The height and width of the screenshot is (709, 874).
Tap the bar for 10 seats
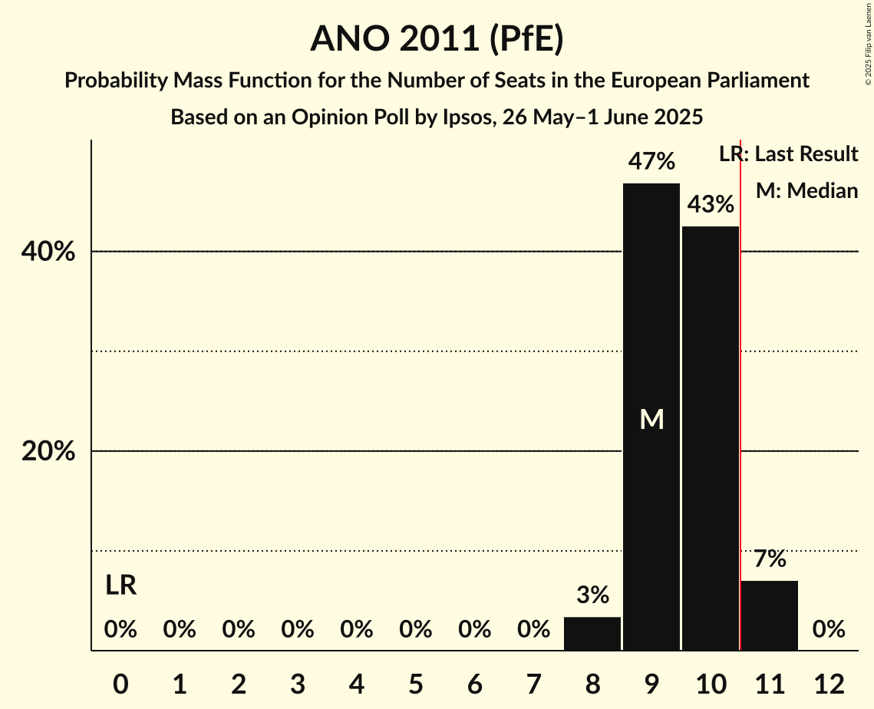point(711,437)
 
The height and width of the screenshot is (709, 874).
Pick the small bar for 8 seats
point(592,634)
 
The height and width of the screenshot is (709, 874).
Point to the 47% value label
point(651,162)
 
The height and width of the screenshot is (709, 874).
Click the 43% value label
point(711,205)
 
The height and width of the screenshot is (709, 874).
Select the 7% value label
point(770,559)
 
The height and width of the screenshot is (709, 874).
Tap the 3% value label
point(592,595)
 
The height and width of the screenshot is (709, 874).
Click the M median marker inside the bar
point(651,419)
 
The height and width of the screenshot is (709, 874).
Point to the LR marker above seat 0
point(120,586)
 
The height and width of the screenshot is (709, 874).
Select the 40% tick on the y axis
point(48,252)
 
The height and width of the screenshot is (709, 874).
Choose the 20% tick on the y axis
point(48,451)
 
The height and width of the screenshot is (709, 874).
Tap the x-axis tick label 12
point(829,683)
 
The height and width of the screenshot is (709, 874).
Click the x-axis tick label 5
point(415,683)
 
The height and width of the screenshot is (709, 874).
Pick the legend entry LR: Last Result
point(788,154)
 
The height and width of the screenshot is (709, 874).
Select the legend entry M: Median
point(806,190)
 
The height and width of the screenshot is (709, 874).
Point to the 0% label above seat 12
point(829,630)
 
